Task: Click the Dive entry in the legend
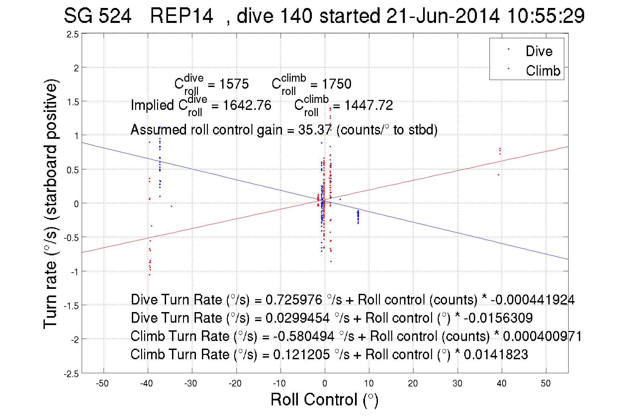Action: point(539,51)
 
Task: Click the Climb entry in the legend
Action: point(543,71)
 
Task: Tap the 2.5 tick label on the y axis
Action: point(73,35)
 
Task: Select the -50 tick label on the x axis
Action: point(102,383)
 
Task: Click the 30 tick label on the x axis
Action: point(457,383)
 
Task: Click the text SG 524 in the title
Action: point(97,16)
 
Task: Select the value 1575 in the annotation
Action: point(233,84)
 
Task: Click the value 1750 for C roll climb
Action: point(336,84)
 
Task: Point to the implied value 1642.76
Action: point(247,105)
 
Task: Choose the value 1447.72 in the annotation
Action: point(368,105)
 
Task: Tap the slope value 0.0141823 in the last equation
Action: point(495,354)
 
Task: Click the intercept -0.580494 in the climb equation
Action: point(304,336)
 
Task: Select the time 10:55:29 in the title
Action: point(546,16)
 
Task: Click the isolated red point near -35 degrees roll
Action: point(171,206)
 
